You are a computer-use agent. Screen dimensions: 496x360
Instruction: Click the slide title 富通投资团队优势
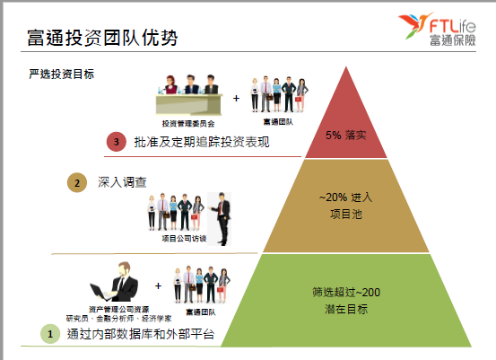pyautogui.click(x=102, y=38)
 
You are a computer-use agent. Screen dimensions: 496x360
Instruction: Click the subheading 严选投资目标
pyautogui.click(x=62, y=75)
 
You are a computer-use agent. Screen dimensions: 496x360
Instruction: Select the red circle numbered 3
pyautogui.click(x=117, y=142)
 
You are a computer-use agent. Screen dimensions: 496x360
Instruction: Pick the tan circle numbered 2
pyautogui.click(x=77, y=182)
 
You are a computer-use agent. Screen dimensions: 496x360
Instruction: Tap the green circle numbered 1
pyautogui.click(x=50, y=334)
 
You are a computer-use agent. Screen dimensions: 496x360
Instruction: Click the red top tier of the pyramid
pyautogui.click(x=345, y=127)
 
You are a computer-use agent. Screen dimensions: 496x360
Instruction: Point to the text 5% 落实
pyautogui.click(x=346, y=136)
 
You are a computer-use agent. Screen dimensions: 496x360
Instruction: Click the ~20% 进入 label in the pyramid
pyautogui.click(x=345, y=198)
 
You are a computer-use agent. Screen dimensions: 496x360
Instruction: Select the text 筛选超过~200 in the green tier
pyautogui.click(x=346, y=292)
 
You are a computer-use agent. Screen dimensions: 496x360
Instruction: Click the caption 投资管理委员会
pyautogui.click(x=188, y=124)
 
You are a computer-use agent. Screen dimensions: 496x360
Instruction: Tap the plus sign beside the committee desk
pyautogui.click(x=236, y=99)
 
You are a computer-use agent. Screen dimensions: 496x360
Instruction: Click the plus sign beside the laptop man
pyautogui.click(x=158, y=285)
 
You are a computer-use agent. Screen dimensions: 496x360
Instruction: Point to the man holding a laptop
pyautogui.click(x=115, y=282)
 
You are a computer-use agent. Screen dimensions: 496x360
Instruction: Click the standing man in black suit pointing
pyautogui.click(x=222, y=219)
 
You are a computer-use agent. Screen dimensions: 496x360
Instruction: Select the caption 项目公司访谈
pyautogui.click(x=184, y=239)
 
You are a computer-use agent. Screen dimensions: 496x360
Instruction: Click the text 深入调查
pyautogui.click(x=122, y=182)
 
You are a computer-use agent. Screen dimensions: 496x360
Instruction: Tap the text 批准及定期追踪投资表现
pyautogui.click(x=202, y=142)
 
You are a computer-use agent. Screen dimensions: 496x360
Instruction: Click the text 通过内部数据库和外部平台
pyautogui.click(x=141, y=334)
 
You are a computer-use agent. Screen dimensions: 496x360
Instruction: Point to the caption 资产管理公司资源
pyautogui.click(x=119, y=309)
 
